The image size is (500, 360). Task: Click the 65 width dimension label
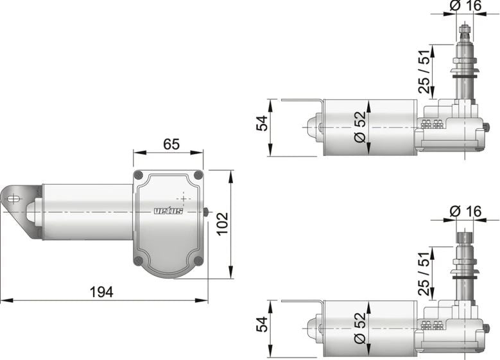pos(171,144)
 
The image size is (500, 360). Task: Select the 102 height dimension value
pos(222,224)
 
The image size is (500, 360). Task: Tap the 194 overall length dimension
pos(101,291)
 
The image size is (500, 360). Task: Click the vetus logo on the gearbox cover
pos(168,211)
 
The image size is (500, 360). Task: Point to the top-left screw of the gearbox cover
pos(139,175)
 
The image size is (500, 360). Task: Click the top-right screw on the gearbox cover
pos(198,175)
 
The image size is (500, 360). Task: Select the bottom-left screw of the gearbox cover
pos(139,260)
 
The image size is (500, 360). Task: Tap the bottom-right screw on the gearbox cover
pos(198,260)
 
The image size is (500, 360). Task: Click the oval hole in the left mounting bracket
pos(12,199)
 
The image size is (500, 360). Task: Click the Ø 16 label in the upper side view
pos(465,6)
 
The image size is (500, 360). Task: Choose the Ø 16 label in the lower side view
pos(465,210)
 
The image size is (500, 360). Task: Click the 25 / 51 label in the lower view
pos(424,272)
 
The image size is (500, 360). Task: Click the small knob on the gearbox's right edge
pos(205,212)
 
